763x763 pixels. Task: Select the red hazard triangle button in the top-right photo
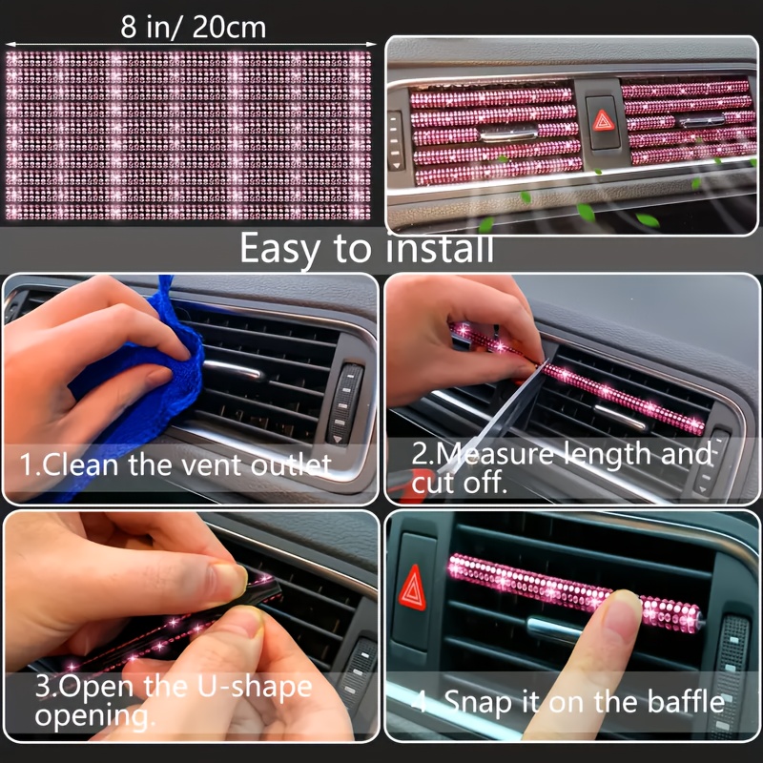(602, 121)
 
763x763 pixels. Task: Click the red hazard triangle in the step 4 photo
(412, 586)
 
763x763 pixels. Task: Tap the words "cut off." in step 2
(457, 484)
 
